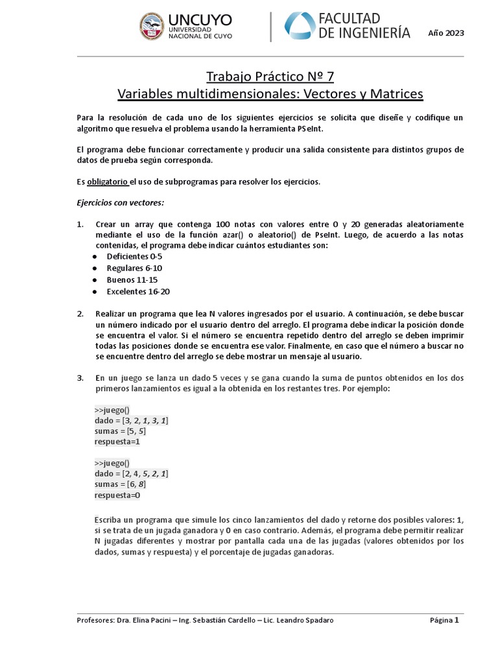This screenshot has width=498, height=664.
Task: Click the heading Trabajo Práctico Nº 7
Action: click(x=270, y=77)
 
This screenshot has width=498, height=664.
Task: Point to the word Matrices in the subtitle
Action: click(x=395, y=95)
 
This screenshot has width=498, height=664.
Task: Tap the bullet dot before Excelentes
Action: click(x=95, y=292)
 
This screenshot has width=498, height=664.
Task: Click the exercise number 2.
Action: click(x=80, y=314)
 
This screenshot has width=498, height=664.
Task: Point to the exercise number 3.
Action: click(x=80, y=377)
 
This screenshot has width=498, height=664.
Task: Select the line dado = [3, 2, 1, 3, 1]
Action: click(x=132, y=421)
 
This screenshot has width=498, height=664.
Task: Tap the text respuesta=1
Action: click(x=117, y=442)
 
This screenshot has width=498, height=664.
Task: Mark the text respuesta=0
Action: click(x=117, y=495)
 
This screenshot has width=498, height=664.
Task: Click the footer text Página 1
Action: click(x=444, y=620)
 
